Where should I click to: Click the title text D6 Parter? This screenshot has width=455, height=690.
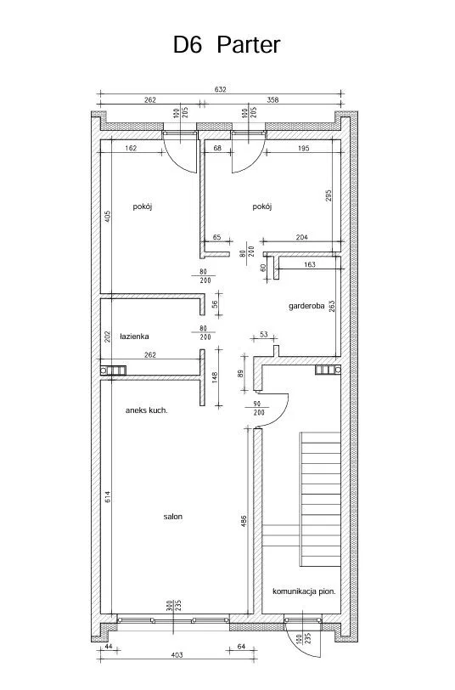click(227, 45)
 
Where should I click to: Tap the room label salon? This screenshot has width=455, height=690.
click(173, 517)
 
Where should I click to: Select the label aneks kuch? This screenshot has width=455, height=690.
click(146, 410)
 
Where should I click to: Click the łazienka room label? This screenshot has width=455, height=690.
click(134, 337)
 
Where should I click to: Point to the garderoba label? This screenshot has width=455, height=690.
click(306, 306)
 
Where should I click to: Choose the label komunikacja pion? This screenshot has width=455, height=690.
click(304, 591)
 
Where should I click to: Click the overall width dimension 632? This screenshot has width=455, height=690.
click(220, 89)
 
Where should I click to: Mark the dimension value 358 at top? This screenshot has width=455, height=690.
click(272, 100)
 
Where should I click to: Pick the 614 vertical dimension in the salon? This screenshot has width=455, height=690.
click(108, 497)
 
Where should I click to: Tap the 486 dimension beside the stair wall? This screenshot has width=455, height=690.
click(244, 521)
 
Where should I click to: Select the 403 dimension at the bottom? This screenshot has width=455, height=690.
click(177, 655)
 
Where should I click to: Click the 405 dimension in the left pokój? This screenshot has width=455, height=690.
click(108, 217)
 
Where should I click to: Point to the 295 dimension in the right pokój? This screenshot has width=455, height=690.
click(329, 195)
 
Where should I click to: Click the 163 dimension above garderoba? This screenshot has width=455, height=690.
click(310, 265)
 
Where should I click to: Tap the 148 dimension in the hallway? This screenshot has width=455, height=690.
click(215, 377)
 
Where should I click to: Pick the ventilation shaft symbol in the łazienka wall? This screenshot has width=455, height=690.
click(113, 370)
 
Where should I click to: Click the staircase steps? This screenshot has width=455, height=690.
click(320, 499)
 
